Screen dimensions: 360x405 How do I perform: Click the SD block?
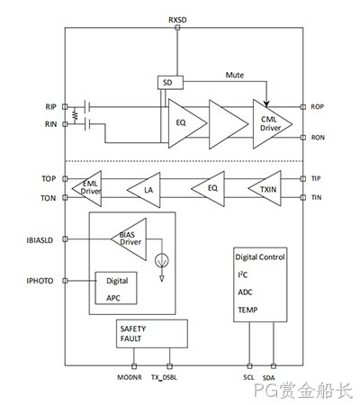click(170, 83)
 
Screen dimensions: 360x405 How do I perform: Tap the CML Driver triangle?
click(270, 124)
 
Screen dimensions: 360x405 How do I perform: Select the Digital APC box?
click(116, 288)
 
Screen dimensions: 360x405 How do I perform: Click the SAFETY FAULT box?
click(152, 334)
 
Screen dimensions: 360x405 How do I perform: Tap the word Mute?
click(235, 75)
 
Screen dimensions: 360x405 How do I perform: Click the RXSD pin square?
click(177, 28)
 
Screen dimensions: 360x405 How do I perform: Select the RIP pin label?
click(50, 107)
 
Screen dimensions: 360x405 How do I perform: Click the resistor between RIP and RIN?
click(75, 115)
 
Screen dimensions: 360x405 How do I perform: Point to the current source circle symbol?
click(162, 260)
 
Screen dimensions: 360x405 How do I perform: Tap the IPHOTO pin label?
click(40, 281)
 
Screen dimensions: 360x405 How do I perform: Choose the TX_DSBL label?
click(164, 377)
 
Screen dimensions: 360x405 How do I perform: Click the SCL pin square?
click(249, 366)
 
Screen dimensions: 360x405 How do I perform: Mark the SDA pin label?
click(269, 378)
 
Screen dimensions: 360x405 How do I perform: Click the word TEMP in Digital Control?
click(247, 310)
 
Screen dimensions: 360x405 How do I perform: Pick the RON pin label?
click(318, 138)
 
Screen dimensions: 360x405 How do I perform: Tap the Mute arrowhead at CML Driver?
click(266, 104)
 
